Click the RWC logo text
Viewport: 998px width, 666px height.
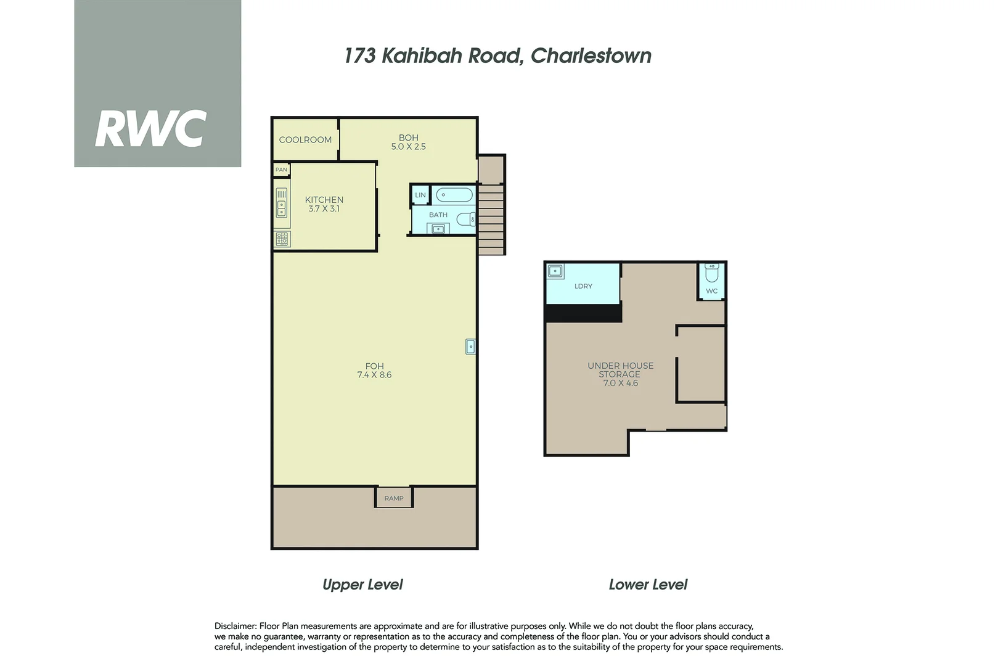click(x=150, y=129)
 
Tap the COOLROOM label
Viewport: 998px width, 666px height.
click(x=305, y=140)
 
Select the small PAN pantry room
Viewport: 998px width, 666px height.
click(x=281, y=170)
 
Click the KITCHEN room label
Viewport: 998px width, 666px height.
click(x=324, y=200)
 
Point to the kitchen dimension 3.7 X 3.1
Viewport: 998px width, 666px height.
click(x=324, y=209)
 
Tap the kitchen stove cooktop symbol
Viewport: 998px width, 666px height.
click(x=282, y=239)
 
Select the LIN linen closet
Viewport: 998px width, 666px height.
click(x=420, y=195)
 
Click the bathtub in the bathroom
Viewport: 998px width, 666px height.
click(x=454, y=195)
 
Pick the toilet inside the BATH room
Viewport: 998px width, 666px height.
click(x=466, y=219)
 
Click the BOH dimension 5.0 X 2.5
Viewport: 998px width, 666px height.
click(x=408, y=147)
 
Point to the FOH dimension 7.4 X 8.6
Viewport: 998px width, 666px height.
click(x=374, y=375)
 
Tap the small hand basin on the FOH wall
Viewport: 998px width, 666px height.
click(x=470, y=347)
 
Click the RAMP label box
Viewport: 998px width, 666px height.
click(x=394, y=498)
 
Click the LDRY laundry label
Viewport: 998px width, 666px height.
click(x=583, y=286)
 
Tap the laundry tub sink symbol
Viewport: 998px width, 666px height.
click(x=555, y=271)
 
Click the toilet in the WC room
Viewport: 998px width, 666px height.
click(x=712, y=272)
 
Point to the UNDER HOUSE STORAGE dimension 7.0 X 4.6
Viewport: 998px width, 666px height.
click(x=620, y=383)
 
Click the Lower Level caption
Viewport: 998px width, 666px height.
click(x=648, y=585)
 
